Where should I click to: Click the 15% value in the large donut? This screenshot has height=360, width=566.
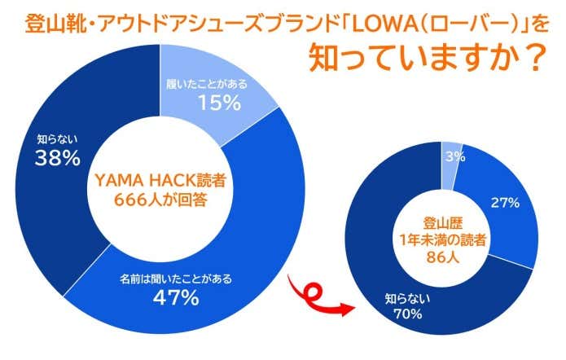click(218, 103)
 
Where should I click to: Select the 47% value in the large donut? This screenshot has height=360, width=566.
click(176, 297)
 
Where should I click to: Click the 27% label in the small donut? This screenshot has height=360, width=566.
click(505, 203)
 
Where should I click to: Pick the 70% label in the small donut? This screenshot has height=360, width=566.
click(404, 314)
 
